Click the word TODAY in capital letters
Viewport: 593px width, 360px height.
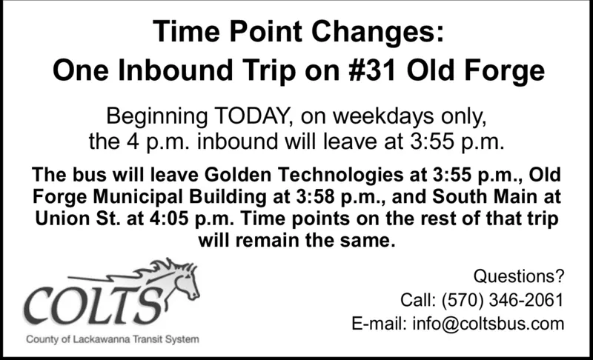[x=252, y=116]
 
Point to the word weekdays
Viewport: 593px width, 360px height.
[x=383, y=116]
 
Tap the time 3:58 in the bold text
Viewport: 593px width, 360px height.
[x=316, y=197]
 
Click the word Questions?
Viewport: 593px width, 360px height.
[x=518, y=276]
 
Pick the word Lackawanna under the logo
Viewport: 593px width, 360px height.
[x=102, y=339]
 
